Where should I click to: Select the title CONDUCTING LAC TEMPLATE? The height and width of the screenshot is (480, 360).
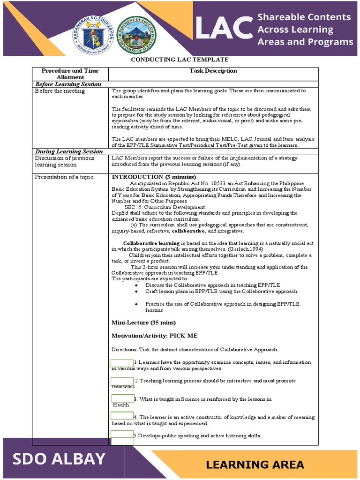[x=180, y=60]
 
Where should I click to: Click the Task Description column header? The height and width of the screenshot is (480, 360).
[x=213, y=71]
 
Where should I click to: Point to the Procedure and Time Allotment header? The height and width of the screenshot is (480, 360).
[x=70, y=74]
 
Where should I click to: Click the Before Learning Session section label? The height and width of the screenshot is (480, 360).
[x=68, y=84]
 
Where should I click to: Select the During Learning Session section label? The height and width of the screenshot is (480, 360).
[x=68, y=151]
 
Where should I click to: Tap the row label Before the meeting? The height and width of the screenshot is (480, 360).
[x=60, y=91]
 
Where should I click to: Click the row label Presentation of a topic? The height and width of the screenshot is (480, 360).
[x=64, y=177]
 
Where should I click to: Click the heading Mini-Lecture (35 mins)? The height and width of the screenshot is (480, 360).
[x=143, y=323]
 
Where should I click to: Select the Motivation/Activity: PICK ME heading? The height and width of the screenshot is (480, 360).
[x=154, y=336]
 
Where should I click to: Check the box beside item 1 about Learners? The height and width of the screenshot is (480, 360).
[x=122, y=363]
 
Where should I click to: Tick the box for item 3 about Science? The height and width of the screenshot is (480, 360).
[x=123, y=398]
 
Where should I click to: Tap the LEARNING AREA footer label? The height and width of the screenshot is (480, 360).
[x=255, y=465]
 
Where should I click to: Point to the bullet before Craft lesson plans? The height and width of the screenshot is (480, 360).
[x=136, y=292]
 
